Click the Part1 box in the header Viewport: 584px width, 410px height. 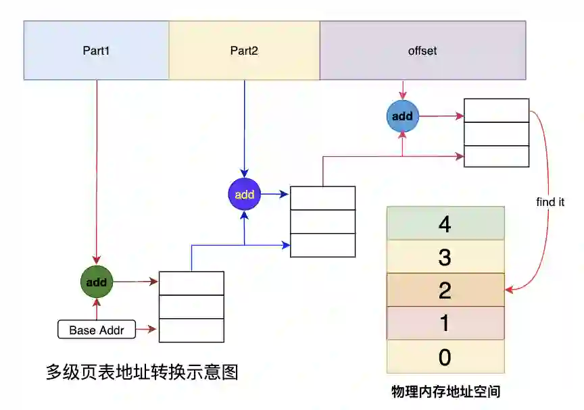96,51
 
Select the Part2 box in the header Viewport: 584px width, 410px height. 244,51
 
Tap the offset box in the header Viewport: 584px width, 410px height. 422,51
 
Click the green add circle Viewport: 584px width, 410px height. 97,282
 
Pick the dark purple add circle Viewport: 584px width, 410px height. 244,195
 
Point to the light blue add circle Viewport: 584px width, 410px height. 402,116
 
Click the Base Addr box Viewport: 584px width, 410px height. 97,331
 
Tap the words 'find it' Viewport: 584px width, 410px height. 550,202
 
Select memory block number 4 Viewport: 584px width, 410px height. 445,224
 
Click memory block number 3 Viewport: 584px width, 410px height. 445,257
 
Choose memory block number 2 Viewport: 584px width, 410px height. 445,290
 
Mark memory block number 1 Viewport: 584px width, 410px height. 445,323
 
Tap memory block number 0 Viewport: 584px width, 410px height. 445,357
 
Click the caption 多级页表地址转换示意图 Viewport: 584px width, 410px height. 142,372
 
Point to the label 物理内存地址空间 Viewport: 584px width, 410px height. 445,391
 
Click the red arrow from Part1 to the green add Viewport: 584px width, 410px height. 97,169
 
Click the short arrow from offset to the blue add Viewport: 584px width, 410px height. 403,91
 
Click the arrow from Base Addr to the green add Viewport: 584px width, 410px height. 97,309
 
